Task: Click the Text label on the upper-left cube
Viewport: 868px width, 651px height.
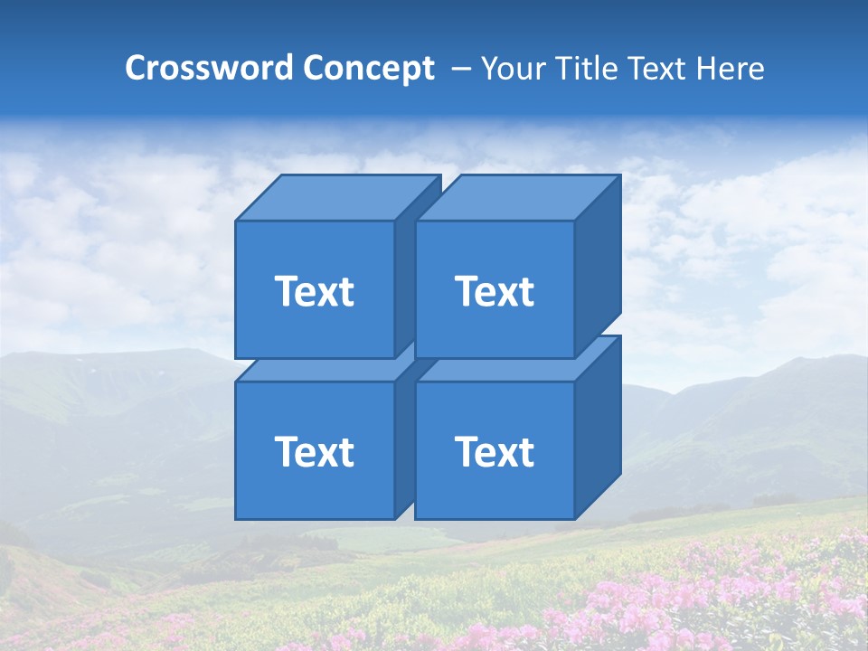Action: coord(315,291)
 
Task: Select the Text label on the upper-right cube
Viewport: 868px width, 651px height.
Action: coord(495,291)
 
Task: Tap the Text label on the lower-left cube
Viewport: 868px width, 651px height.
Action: coord(315,451)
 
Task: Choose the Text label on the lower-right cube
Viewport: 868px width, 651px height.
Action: coord(495,451)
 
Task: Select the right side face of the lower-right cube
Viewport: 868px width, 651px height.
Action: coord(598,427)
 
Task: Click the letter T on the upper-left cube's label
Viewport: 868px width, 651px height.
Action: coord(287,291)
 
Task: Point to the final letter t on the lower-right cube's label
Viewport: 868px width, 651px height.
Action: coord(525,451)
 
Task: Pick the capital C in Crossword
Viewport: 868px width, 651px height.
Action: coord(136,68)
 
